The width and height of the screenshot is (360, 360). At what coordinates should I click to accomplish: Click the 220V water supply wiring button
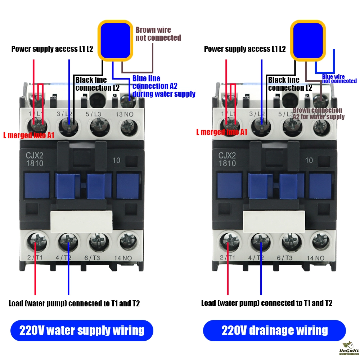(82, 330)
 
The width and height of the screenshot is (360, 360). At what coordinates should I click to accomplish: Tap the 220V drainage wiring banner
(274, 330)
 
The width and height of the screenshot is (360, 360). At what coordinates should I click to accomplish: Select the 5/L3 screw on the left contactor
(99, 126)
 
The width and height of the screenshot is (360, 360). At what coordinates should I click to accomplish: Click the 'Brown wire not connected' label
(158, 34)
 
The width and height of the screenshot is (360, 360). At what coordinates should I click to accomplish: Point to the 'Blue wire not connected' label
(339, 79)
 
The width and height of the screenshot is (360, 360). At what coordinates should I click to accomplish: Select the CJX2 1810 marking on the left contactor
(35, 159)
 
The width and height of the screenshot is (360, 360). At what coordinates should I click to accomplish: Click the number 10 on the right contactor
(309, 160)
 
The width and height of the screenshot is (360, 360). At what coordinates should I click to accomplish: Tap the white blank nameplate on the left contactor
(81, 221)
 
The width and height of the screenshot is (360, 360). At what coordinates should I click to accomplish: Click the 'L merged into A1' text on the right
(221, 132)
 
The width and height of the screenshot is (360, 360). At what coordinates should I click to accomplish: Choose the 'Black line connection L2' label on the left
(97, 84)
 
